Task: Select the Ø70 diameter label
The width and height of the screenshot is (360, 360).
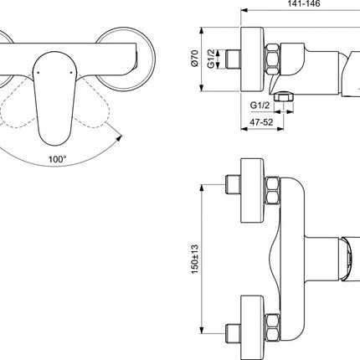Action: [194, 58]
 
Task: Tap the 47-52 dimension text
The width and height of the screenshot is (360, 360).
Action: [261, 122]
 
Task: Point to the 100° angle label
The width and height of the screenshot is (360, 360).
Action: [58, 159]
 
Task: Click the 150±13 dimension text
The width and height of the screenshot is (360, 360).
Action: [195, 259]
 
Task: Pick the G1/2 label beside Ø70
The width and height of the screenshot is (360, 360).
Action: [211, 59]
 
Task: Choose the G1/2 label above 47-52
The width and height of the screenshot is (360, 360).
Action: [260, 105]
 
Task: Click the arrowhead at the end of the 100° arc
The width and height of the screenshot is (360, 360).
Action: [120, 138]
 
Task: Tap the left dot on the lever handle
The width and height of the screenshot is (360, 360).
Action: [39, 73]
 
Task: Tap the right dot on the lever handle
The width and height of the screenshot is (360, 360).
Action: [71, 73]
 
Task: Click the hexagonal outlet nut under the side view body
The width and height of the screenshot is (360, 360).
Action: [284, 97]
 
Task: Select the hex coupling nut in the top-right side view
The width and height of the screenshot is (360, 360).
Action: [272, 59]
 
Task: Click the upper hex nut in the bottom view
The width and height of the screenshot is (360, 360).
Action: [272, 191]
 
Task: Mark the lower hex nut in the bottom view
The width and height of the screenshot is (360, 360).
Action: [272, 327]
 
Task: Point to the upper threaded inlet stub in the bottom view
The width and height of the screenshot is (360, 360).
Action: [233, 184]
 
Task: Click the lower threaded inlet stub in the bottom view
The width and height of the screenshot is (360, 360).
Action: [233, 333]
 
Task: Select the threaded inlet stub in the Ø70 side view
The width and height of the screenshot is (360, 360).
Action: [233, 59]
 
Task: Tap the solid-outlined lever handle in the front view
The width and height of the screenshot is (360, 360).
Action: [54, 98]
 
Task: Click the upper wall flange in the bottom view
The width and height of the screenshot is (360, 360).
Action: [252, 191]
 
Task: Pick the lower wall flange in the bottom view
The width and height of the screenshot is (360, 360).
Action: [252, 327]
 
